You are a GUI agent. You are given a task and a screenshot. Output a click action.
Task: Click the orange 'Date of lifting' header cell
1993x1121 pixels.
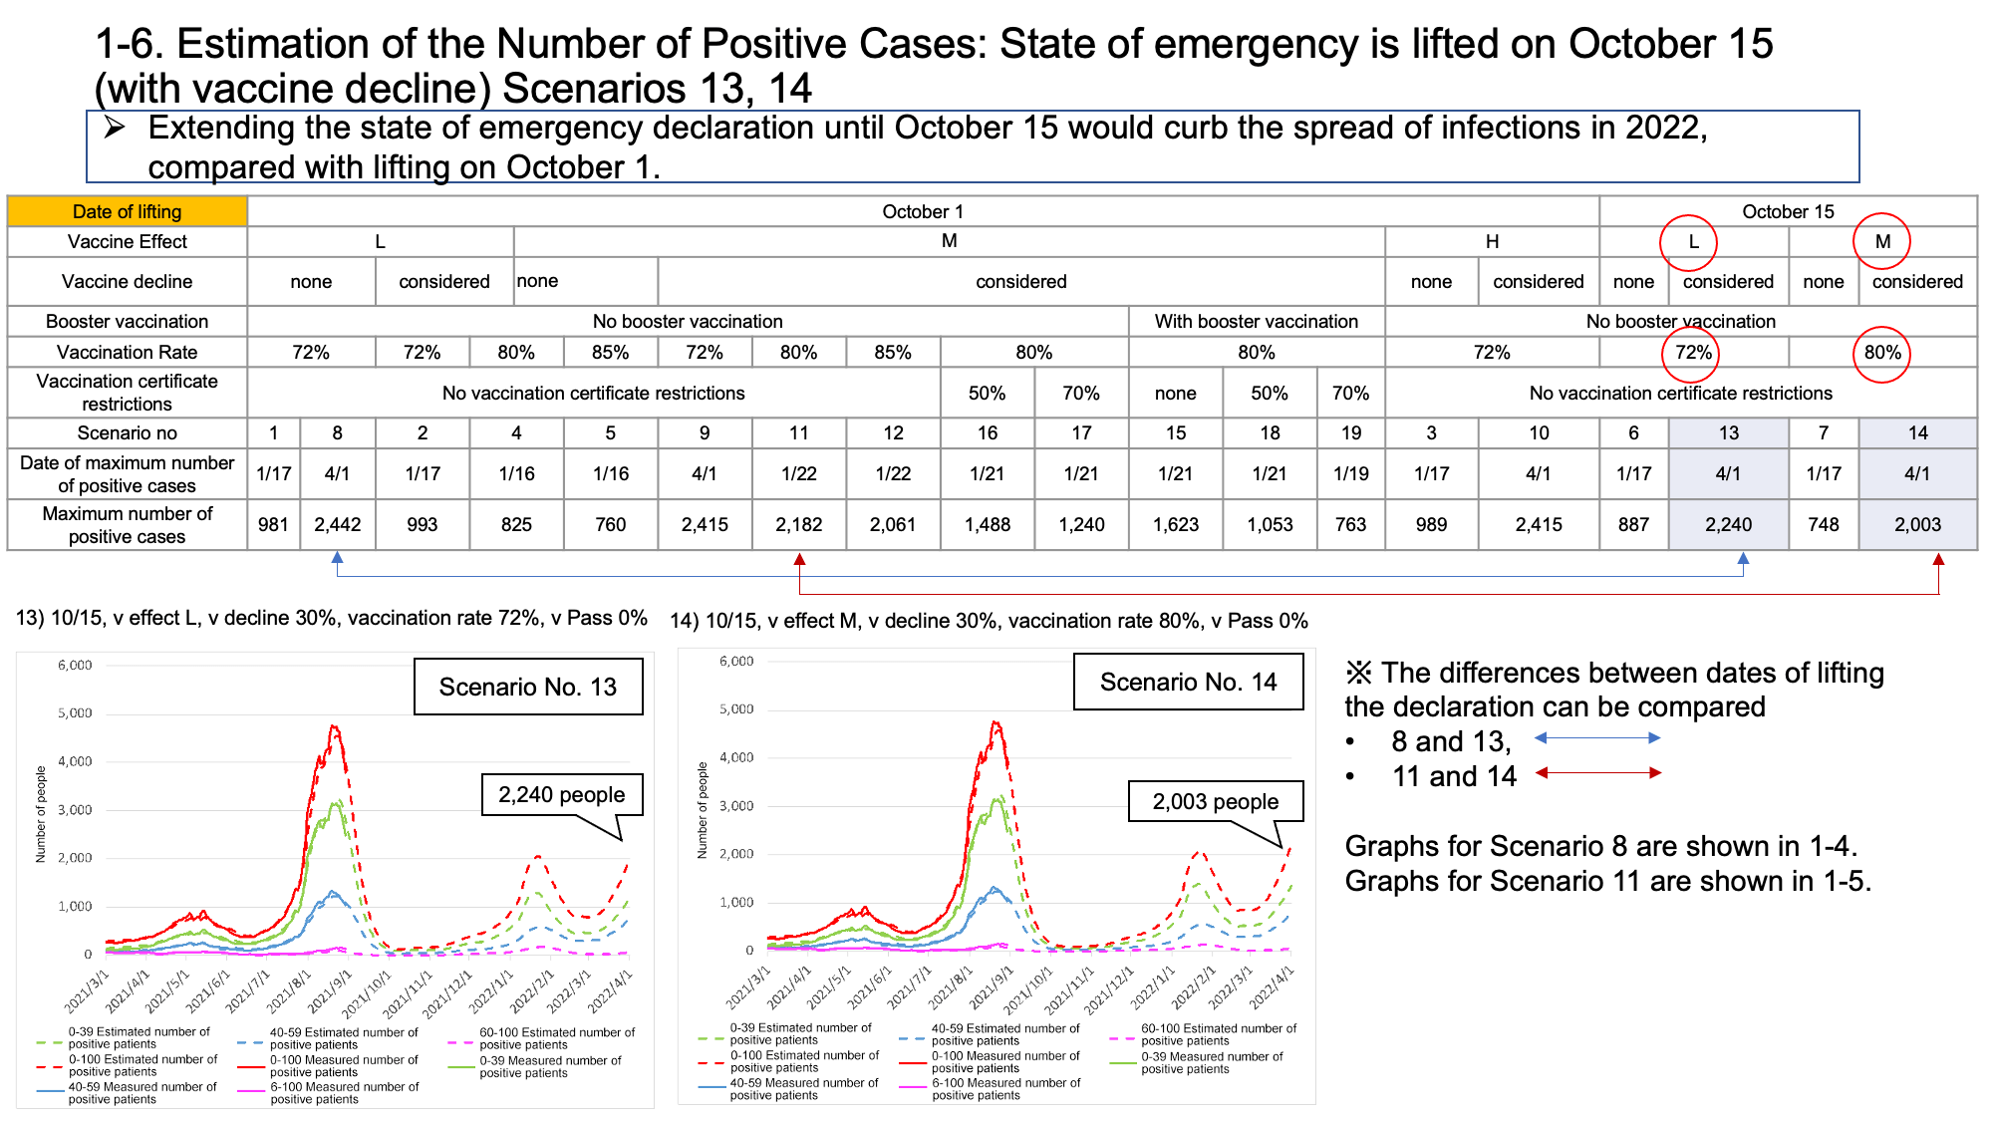point(128,211)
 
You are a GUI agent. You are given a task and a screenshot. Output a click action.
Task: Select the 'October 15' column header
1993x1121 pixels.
point(1788,211)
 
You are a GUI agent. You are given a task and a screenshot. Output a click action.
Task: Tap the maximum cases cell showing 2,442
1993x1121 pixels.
point(338,524)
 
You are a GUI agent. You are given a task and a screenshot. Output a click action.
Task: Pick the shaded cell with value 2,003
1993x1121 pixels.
point(1917,524)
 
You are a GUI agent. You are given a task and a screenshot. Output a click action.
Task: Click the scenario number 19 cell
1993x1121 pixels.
point(1350,432)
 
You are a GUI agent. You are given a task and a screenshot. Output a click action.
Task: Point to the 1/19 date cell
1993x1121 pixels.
point(1350,473)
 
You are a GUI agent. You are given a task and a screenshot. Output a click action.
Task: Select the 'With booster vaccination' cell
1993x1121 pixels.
point(1257,321)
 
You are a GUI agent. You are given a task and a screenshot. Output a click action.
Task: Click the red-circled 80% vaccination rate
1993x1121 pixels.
point(1881,353)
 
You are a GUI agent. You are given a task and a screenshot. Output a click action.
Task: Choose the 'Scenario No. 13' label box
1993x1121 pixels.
point(528,687)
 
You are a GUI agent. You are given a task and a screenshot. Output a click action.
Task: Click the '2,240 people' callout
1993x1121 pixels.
point(562,794)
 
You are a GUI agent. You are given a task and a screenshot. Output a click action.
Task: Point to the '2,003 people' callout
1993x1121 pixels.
point(1216,801)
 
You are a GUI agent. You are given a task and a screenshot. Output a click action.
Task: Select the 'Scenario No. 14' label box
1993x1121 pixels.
point(1189,682)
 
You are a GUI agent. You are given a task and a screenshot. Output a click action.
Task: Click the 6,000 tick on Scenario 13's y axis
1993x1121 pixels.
point(75,666)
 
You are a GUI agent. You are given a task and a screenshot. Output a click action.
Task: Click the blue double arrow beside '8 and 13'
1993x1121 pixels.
point(1597,738)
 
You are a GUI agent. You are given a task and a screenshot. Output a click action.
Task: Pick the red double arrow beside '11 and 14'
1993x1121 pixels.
point(1598,772)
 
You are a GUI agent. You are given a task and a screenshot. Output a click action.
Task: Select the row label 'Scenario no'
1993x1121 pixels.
point(128,432)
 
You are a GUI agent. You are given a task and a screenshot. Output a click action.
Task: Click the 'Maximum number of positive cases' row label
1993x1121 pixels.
point(128,524)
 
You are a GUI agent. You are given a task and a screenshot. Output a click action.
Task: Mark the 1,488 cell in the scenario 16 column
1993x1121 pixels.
point(987,524)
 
